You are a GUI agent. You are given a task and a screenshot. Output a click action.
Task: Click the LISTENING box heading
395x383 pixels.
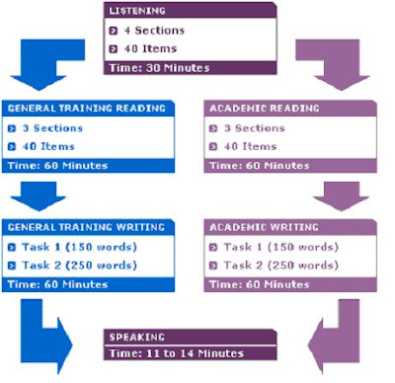[x=137, y=11]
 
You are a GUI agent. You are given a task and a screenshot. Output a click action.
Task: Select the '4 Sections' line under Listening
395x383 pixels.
[x=154, y=31]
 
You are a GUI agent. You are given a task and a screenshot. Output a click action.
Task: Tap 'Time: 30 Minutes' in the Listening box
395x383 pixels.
[x=159, y=68]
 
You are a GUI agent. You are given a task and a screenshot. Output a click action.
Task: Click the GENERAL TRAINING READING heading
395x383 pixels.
[x=86, y=109]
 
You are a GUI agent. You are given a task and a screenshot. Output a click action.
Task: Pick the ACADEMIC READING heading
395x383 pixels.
[x=265, y=109]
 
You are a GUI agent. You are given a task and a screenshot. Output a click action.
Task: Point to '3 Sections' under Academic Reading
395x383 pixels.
[x=254, y=128]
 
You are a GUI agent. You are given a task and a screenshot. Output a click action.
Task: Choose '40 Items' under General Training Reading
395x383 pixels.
[x=48, y=146]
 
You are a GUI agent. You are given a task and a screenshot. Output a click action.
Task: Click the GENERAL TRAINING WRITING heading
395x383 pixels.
[x=86, y=227]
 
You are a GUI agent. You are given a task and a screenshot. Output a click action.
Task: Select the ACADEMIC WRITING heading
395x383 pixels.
[x=264, y=227]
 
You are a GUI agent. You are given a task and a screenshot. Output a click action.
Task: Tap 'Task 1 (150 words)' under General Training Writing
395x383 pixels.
[x=79, y=247]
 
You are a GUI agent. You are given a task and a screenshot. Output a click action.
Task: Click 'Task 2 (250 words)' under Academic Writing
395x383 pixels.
[x=281, y=266]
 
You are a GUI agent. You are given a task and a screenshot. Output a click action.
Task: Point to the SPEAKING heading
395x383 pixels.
[x=136, y=337]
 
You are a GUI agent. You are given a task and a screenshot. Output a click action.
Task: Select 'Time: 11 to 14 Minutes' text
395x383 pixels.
[x=177, y=353]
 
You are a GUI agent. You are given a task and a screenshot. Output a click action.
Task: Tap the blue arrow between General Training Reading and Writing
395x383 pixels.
[x=39, y=196]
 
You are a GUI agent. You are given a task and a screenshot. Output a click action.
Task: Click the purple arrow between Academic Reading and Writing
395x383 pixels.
[x=342, y=196]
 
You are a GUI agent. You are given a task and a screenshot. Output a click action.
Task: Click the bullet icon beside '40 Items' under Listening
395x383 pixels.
[x=114, y=49]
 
